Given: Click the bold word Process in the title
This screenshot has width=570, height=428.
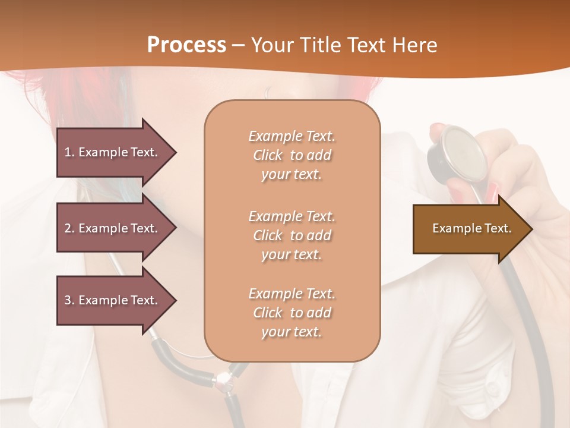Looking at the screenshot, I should pos(186,45).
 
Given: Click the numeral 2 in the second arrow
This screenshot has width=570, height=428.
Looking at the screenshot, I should pos(68,228).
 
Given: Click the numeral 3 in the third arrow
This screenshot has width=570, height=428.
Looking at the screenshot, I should pos(68,300).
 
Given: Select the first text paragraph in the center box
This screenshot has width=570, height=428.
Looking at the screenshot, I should pos(292,155).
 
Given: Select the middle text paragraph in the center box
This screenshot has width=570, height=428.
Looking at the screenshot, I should pos(292,235).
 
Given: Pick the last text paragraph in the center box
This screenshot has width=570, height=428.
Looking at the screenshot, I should pos(292,313).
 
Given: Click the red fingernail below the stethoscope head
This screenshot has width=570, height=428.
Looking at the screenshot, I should pos(492,191).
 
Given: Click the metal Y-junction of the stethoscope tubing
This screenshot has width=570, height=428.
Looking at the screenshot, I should pos(223,379).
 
